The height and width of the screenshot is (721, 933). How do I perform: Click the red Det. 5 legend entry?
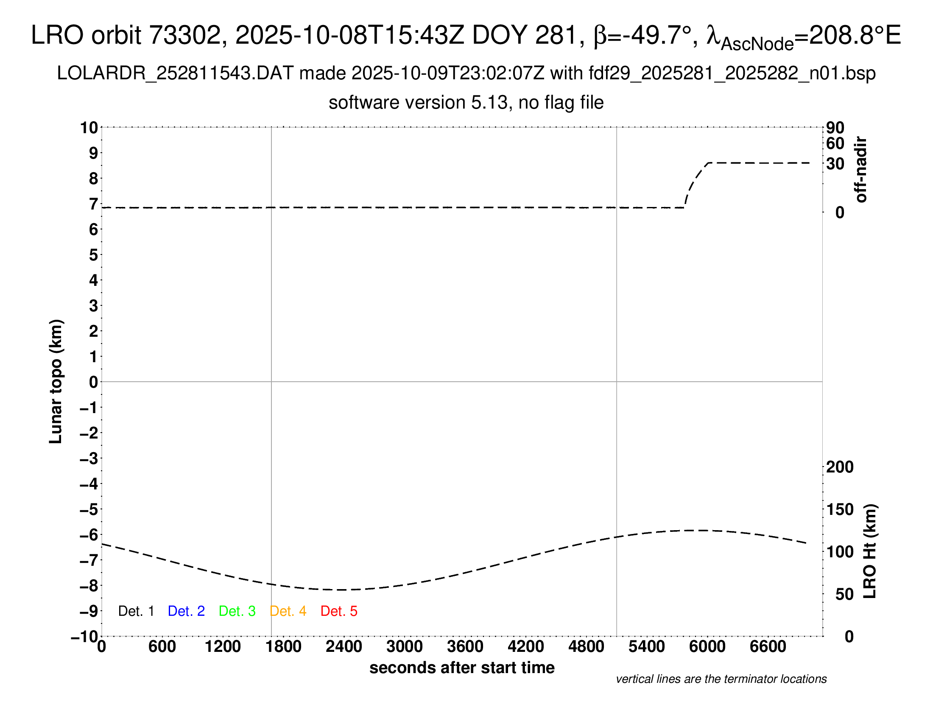(x=338, y=611)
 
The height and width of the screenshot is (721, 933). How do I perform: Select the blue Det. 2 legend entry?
(x=186, y=611)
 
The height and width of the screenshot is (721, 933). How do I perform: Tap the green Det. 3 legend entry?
(x=237, y=611)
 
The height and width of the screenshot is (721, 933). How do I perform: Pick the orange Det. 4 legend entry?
(x=288, y=611)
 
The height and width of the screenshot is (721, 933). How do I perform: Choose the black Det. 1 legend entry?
(x=136, y=611)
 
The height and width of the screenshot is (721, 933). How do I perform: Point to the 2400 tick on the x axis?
(x=344, y=647)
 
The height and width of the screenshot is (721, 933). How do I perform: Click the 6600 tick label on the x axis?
(x=768, y=647)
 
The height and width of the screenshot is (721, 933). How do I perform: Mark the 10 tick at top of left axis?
(x=89, y=127)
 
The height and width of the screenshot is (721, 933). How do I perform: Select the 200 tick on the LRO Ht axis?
(x=839, y=467)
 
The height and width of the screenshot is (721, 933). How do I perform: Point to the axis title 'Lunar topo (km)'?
(x=56, y=381)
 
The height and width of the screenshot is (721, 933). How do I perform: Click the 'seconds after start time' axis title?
(x=462, y=668)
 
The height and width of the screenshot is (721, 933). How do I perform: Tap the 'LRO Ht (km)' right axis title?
(x=870, y=551)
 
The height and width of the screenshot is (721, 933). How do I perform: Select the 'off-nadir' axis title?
(x=861, y=170)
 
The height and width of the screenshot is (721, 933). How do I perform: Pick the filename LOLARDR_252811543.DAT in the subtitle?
(x=175, y=73)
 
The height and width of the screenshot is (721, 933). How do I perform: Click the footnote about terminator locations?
(x=721, y=679)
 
